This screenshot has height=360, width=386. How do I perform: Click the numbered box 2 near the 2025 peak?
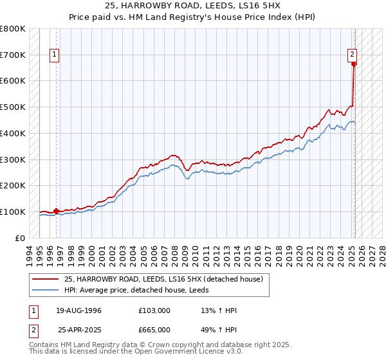click(x=353, y=55)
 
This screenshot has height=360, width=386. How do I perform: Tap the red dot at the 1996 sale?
click(x=56, y=210)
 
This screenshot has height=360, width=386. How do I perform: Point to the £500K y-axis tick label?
click(x=14, y=107)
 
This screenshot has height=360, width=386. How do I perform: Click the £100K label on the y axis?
click(x=14, y=212)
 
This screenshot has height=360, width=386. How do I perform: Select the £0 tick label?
click(x=20, y=238)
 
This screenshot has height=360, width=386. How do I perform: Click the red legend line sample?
click(x=46, y=280)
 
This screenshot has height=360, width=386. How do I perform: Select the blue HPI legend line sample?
click(x=46, y=290)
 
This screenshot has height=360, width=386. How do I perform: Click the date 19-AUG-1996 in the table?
click(x=79, y=310)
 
